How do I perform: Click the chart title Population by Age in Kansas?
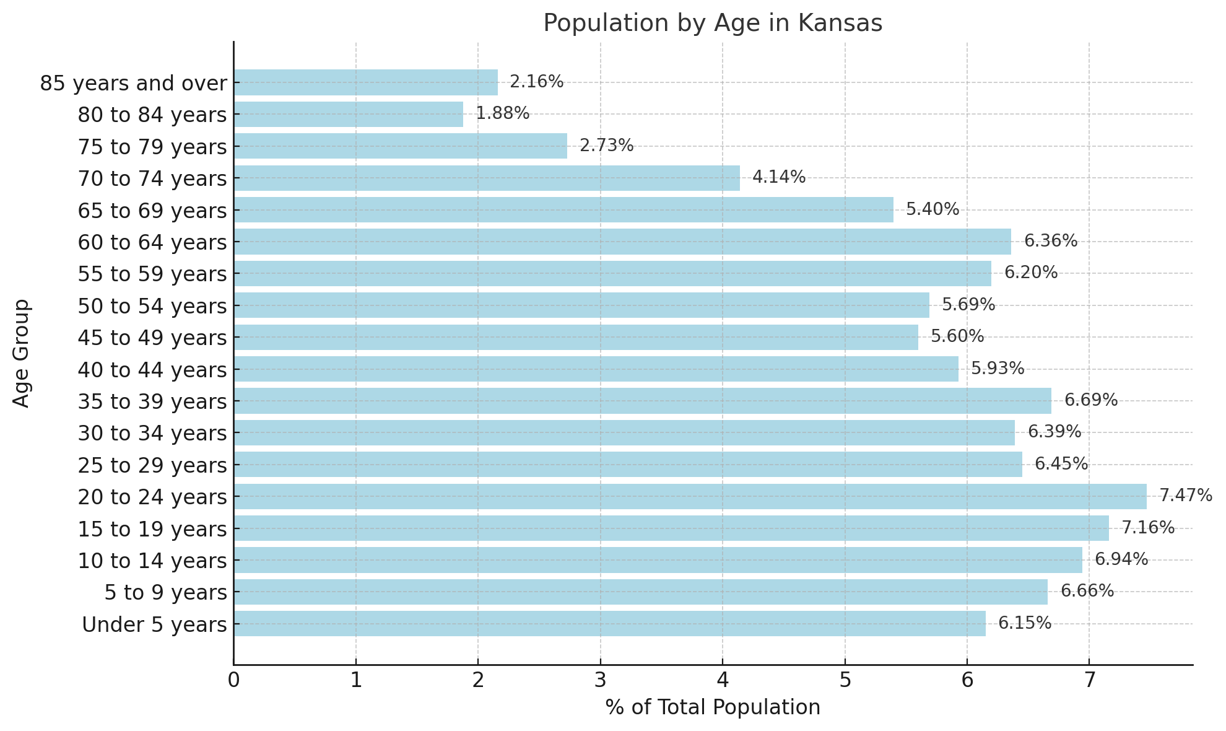[x=713, y=24]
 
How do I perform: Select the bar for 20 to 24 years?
[x=690, y=497]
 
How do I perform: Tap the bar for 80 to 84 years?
[x=348, y=115]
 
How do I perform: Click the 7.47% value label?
[x=1185, y=496]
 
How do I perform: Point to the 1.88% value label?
[x=502, y=114]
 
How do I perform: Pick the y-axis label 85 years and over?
[x=133, y=83]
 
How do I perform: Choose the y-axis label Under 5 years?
[x=154, y=624]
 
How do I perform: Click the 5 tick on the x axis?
[x=845, y=681]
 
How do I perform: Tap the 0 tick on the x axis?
[x=233, y=681]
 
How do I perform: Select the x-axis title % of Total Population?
[x=713, y=707]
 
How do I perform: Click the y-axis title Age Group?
[x=22, y=353]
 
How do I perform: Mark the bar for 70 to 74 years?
[x=486, y=178]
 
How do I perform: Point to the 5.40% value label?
[x=932, y=209]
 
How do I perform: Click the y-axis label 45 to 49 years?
[x=152, y=338]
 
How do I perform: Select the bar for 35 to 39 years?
[x=642, y=401]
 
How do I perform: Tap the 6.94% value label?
[x=1121, y=559]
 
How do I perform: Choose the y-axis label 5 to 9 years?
[x=165, y=593]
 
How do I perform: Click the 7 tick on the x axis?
[x=1089, y=681]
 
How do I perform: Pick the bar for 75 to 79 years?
[x=400, y=146]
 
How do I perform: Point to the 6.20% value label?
[x=1030, y=273]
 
